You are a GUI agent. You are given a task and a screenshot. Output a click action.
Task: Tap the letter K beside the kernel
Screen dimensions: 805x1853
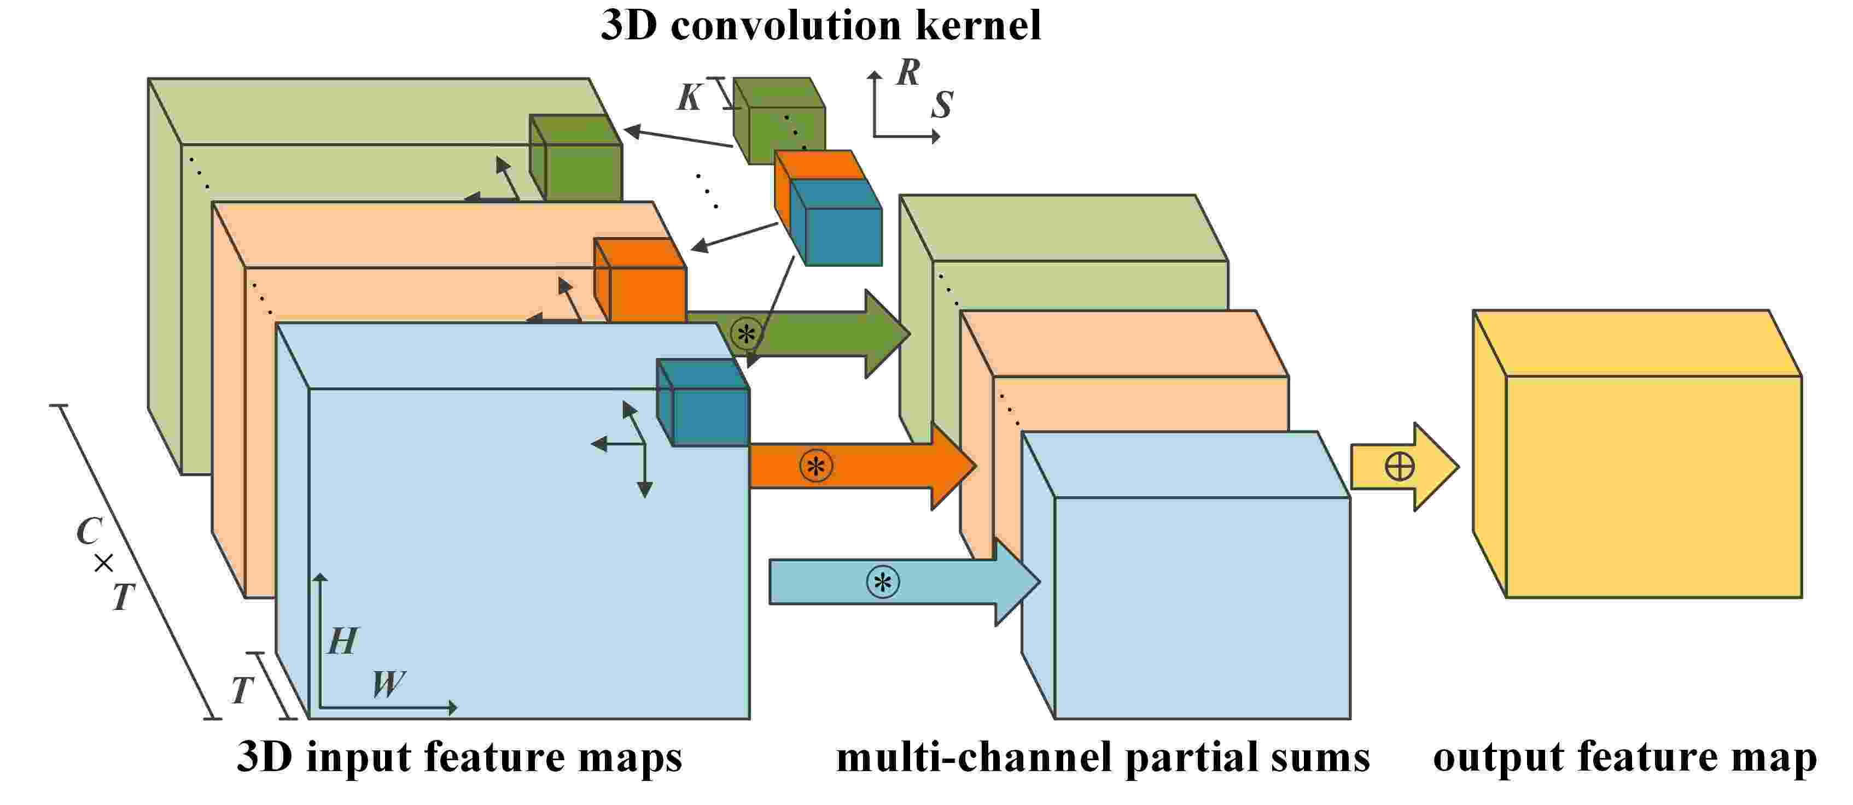point(689,98)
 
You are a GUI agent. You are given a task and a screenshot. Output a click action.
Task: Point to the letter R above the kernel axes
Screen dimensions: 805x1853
point(908,73)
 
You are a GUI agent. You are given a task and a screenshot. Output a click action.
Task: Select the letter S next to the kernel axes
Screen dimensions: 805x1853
point(942,105)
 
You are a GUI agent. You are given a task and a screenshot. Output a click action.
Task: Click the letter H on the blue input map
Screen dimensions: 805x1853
point(342,641)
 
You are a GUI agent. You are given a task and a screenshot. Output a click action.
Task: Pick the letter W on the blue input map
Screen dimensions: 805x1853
point(388,684)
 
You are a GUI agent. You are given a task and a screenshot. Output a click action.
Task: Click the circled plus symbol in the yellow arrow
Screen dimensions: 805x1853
point(1399,467)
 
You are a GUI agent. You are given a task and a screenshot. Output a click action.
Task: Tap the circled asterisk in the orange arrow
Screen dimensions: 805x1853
point(815,466)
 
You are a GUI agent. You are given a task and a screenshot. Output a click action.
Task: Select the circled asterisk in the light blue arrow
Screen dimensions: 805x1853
point(883,581)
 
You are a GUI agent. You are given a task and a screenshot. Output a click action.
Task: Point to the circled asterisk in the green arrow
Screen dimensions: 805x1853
point(746,333)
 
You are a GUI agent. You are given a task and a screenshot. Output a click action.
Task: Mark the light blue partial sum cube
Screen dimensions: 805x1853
point(1201,607)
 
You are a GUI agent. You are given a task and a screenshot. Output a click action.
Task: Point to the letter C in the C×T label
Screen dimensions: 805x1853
point(89,532)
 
